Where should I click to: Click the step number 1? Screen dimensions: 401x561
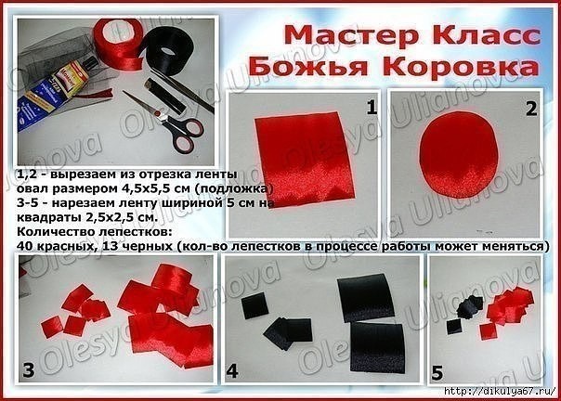pyautogui.click(x=372, y=108)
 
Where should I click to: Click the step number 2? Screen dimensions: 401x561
pyautogui.click(x=530, y=108)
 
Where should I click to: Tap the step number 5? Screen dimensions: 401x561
pyautogui.click(x=437, y=374)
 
